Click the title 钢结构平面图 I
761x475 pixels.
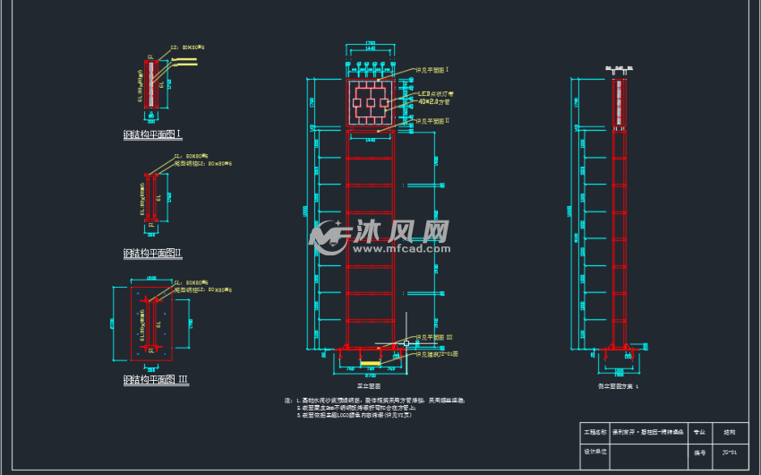[152, 134]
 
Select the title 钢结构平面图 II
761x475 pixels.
[152, 254]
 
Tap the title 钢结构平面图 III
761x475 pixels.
[156, 380]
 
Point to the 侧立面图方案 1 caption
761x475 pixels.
[620, 384]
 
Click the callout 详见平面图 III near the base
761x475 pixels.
[433, 337]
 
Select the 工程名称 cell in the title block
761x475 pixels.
[595, 432]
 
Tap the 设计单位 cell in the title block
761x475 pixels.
[595, 453]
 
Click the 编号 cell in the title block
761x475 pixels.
[699, 453]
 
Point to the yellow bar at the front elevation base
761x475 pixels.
[369, 363]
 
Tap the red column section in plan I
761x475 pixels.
[151, 84]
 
